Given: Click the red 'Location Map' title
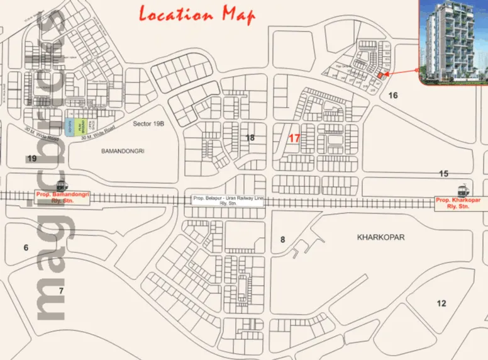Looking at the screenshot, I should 196,14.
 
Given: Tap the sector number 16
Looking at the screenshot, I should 394,96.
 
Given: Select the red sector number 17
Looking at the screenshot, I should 294,138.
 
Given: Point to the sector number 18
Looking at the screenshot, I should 250,138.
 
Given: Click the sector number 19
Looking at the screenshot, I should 31,158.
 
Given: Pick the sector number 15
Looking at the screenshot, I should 444,173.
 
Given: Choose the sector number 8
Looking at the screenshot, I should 283,239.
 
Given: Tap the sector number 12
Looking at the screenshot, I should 441,303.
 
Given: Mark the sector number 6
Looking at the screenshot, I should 26,247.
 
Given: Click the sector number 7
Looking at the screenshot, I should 61,290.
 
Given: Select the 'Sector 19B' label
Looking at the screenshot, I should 148,125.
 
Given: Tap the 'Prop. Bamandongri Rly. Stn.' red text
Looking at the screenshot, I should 63,198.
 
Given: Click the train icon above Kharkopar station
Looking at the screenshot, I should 462,189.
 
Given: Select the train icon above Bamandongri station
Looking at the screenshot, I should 61,185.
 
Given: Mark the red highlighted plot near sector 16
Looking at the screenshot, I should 379,76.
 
